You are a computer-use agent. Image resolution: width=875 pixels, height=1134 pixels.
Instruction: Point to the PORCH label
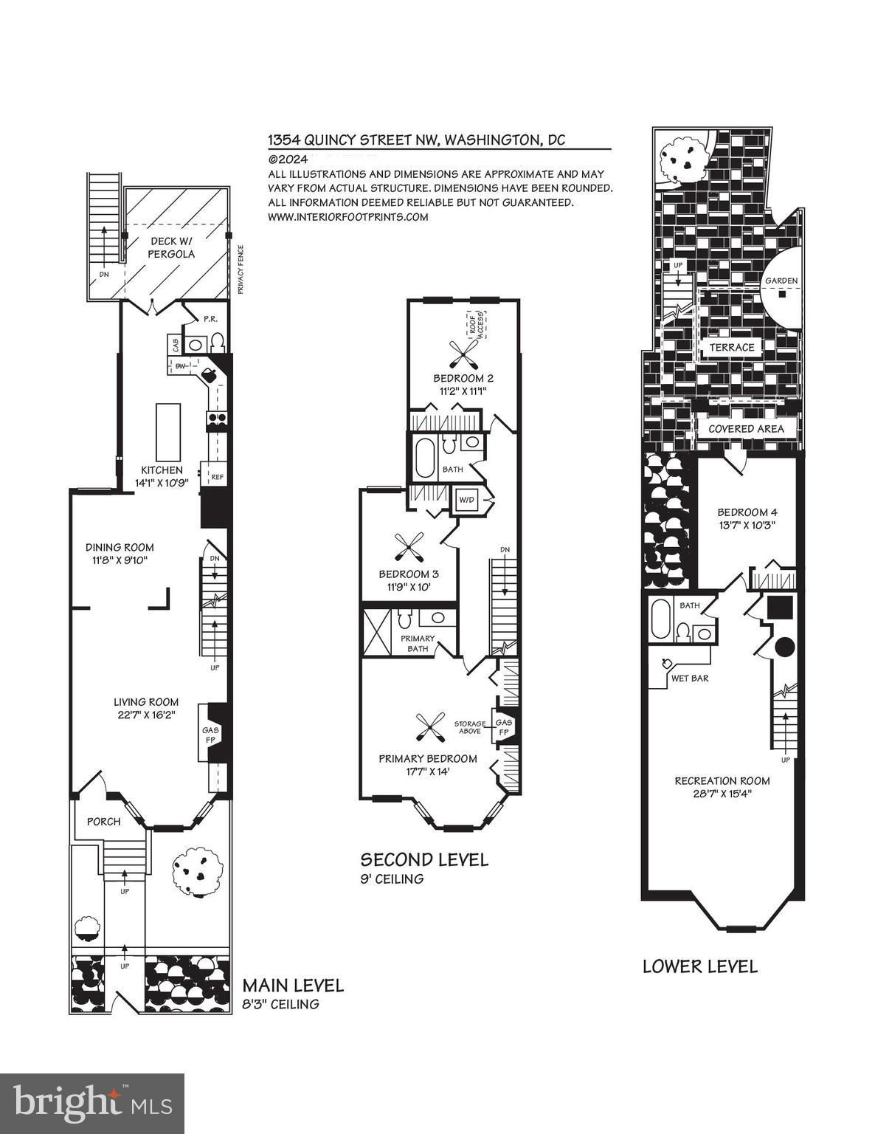click(x=104, y=822)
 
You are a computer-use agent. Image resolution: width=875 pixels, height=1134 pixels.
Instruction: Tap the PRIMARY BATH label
click(x=417, y=643)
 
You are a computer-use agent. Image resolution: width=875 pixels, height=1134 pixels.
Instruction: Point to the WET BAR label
click(x=689, y=678)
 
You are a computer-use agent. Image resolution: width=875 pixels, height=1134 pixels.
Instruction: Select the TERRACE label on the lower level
click(x=731, y=347)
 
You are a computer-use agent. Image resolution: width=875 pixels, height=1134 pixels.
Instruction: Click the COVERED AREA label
click(x=746, y=429)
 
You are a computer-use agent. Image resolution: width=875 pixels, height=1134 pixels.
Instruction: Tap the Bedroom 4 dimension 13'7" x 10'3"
click(x=746, y=526)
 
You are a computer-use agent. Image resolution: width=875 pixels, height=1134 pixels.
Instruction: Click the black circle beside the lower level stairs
click(x=784, y=648)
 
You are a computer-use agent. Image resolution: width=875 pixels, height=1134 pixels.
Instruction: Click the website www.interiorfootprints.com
click(x=347, y=216)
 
